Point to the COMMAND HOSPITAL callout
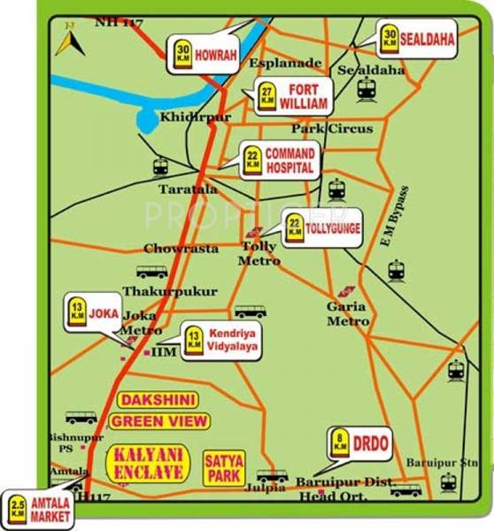pyautogui.click(x=277, y=159)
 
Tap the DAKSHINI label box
pyautogui.click(x=158, y=400)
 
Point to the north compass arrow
pyautogui.click(x=66, y=41)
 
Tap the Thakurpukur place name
pyautogui.click(x=156, y=290)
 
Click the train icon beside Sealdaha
pyautogui.click(x=367, y=88)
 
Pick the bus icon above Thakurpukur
pyautogui.click(x=151, y=271)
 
